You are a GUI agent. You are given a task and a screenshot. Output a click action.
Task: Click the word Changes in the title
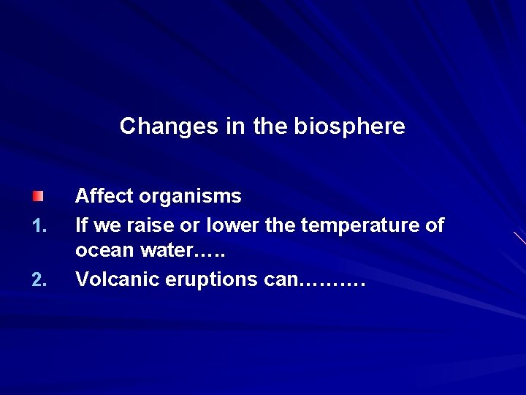(169, 127)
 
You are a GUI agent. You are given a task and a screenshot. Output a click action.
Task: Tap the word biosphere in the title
(349, 127)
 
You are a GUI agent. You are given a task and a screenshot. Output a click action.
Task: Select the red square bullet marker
(38, 196)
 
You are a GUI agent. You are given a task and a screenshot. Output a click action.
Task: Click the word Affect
(104, 196)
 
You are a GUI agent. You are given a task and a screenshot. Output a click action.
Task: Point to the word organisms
(190, 196)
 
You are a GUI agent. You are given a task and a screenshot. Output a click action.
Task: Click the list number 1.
(39, 225)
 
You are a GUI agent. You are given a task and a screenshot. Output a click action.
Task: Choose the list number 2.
(39, 279)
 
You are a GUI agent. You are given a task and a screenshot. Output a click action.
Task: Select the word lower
(232, 225)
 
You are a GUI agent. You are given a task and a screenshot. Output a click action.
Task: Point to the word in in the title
(235, 127)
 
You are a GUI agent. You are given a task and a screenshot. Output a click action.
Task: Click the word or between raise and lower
(192, 225)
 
